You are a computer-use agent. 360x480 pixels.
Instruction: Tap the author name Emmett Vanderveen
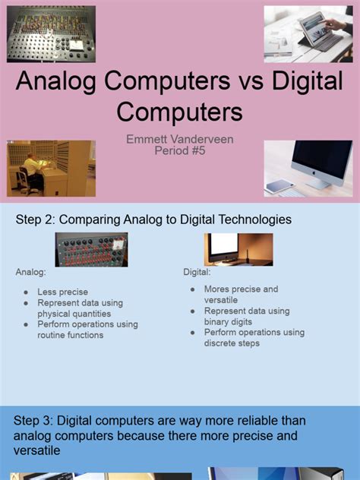180,138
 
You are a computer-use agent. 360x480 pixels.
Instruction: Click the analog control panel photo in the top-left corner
51,34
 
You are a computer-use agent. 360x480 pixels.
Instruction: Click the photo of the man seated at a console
51,168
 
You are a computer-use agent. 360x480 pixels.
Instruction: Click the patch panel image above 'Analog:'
91,249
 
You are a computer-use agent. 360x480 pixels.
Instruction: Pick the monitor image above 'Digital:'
238,249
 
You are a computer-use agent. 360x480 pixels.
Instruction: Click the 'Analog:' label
30,271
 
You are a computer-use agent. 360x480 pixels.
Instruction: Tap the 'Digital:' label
197,271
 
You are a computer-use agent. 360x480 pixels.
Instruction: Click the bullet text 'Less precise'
62,292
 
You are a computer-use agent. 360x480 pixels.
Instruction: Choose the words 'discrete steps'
232,343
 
